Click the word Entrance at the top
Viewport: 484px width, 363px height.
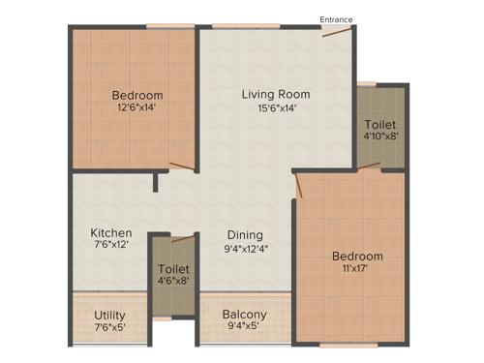(x=336, y=18)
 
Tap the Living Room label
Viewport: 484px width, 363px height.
(x=276, y=94)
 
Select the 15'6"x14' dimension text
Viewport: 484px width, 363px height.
(x=276, y=108)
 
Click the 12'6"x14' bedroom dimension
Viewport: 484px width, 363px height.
(x=136, y=108)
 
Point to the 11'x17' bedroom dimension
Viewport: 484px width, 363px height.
(x=357, y=270)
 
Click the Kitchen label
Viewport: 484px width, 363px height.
(x=111, y=233)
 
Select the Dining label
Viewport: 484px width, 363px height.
(x=245, y=234)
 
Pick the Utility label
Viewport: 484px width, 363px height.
(x=109, y=315)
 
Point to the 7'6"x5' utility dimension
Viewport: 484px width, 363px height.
(x=109, y=328)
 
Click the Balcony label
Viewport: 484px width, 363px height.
(x=245, y=315)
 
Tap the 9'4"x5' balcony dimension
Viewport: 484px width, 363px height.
(x=245, y=328)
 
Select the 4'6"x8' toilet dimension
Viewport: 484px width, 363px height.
(x=174, y=281)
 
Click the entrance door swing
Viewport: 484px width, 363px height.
(x=338, y=33)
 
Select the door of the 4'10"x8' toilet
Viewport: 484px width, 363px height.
(x=369, y=167)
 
